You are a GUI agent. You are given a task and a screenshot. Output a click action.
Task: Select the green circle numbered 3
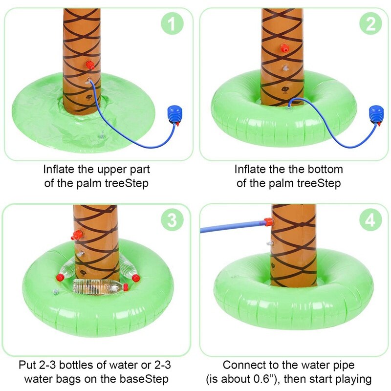coord(172,219)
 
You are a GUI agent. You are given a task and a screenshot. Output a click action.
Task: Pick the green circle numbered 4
coord(370,219)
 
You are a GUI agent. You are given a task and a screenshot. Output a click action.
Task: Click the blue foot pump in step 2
coord(376,115)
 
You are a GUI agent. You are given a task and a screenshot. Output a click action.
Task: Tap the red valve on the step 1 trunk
coord(90,65)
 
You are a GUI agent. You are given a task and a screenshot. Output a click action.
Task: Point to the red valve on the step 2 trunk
coord(284,48)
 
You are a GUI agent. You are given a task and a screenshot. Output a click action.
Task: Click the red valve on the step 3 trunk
coord(77,235)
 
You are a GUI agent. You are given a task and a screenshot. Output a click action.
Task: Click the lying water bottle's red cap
coord(126,287)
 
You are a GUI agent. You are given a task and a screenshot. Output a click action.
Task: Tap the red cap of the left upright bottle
coord(60,277)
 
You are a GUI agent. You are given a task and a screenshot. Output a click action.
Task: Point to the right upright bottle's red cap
coord(136,278)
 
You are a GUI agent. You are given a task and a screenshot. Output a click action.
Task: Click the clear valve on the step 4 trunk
coord(270,243)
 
